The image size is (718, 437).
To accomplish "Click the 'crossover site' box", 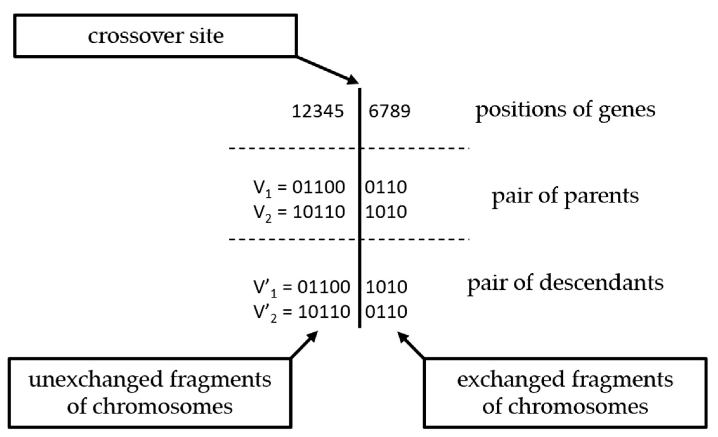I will (x=155, y=35).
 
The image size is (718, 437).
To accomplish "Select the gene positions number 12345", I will (x=318, y=111).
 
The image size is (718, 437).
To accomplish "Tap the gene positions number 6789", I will (x=389, y=111).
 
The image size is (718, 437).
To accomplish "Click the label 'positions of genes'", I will (x=565, y=110).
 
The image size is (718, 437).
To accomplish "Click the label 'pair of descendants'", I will (x=565, y=282).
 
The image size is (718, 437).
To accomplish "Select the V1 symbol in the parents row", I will (x=262, y=188).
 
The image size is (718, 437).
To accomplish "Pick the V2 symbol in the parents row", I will (x=262, y=213).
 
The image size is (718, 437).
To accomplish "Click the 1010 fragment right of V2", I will (x=385, y=212).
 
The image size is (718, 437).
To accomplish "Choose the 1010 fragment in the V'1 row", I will (x=386, y=287).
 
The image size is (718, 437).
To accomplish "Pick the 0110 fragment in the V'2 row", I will (x=386, y=312).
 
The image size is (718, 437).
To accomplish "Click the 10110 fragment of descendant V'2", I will (x=324, y=312).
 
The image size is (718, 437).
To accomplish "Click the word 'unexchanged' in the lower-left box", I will (x=95, y=380).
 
